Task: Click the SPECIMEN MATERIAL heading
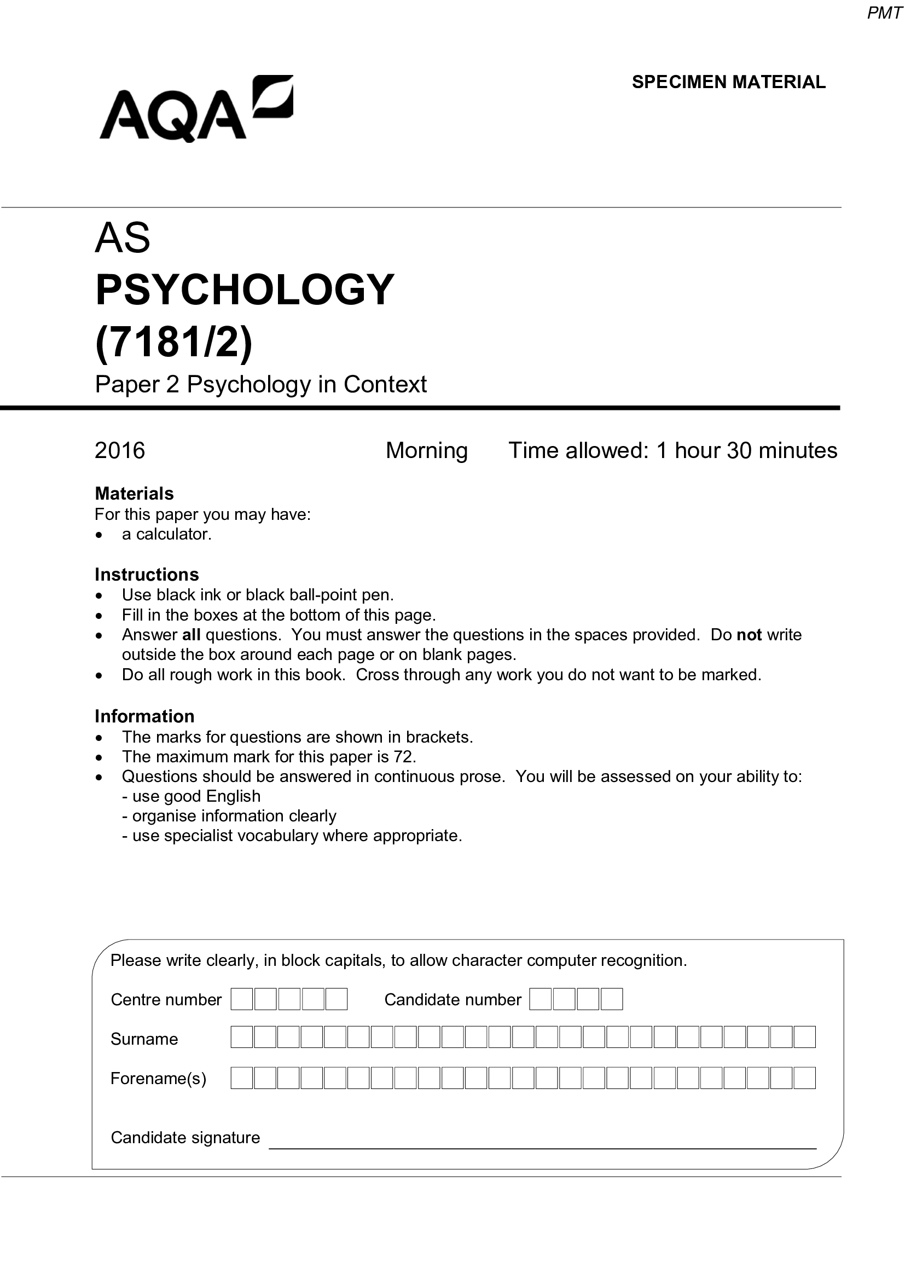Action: [x=728, y=82]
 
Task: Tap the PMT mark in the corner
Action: [x=884, y=13]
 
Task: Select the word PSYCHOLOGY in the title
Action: [x=245, y=290]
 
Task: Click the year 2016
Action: [x=120, y=450]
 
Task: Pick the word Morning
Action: [x=426, y=450]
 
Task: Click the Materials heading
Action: [x=134, y=494]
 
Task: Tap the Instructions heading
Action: [x=147, y=574]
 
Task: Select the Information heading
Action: [x=144, y=716]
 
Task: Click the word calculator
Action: [x=173, y=534]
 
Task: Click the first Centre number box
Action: [x=242, y=1000]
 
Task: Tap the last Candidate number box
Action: [x=611, y=1000]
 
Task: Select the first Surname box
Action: [x=242, y=1037]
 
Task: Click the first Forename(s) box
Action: [x=242, y=1078]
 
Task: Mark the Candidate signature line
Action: [x=542, y=1143]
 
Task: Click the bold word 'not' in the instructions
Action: [x=749, y=635]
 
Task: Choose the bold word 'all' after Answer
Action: [x=191, y=635]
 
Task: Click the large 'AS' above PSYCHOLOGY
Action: [x=123, y=238]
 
